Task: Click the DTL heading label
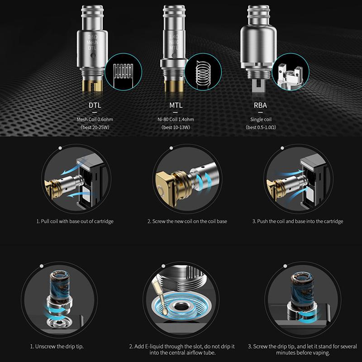[95, 105]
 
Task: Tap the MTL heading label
[176, 105]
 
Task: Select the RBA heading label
[261, 105]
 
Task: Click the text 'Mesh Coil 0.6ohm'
[95, 119]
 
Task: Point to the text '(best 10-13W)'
[176, 127]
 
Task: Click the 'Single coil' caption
[261, 119]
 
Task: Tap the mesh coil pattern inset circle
[123, 71]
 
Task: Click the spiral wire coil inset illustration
[203, 71]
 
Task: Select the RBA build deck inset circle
[290, 71]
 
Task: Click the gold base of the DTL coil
[92, 86]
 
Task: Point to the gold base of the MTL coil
[174, 86]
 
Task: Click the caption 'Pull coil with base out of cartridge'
[77, 221]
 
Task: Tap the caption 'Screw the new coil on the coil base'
[190, 221]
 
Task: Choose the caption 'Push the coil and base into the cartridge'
[300, 221]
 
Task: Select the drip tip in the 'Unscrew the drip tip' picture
[61, 291]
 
